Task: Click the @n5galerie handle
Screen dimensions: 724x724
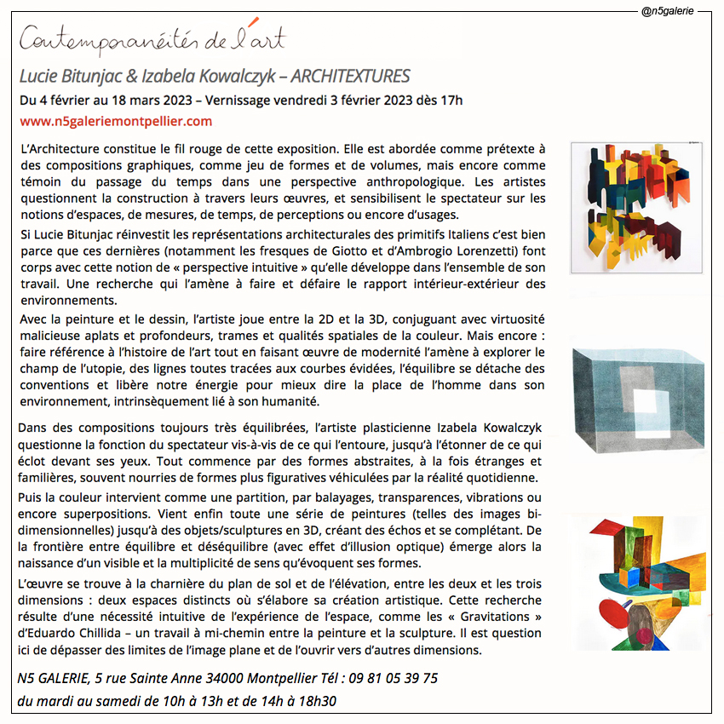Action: (x=669, y=12)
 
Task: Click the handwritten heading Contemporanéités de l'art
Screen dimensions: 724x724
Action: (x=152, y=39)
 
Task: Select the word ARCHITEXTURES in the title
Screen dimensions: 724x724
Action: (x=351, y=76)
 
